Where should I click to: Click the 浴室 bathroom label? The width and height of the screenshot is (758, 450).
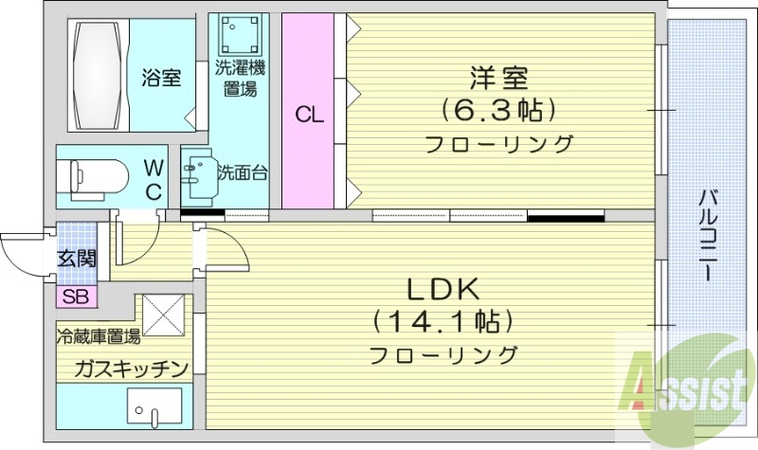coord(162,78)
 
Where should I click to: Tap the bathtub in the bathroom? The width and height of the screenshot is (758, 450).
coord(98,73)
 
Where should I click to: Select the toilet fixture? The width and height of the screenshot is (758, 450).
coord(93,176)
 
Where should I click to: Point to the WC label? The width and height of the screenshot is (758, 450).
coord(153,179)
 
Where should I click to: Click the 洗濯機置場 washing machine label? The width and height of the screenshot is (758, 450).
coord(240,79)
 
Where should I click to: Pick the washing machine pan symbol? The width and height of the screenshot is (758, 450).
coord(238,36)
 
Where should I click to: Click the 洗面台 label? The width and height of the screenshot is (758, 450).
coord(243,173)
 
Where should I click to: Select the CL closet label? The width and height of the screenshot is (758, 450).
coord(309,116)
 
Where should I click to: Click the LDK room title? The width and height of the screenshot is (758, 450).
coord(443,288)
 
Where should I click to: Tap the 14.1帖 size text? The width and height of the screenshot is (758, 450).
coord(443,322)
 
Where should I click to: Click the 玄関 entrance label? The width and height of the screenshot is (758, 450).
coord(75,256)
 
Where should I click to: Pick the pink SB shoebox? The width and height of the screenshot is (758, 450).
coord(75,297)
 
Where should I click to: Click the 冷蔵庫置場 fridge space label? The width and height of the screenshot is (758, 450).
coord(99,336)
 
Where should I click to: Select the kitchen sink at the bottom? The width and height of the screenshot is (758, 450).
coord(152,414)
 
